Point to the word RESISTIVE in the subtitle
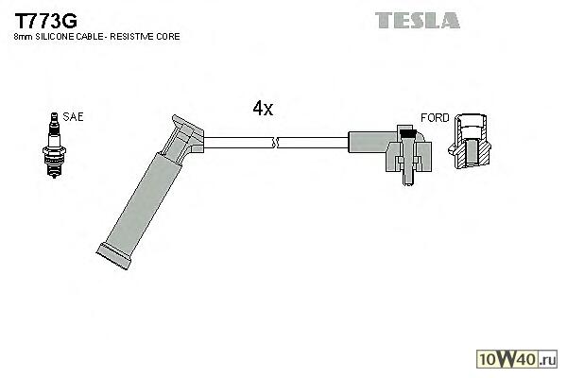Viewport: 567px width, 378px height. coord(135,37)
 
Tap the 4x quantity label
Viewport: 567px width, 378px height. coord(263,109)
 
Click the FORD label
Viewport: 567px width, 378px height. coord(435,118)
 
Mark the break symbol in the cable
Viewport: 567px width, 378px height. coord(275,144)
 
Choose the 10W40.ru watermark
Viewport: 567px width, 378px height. coord(520,359)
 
